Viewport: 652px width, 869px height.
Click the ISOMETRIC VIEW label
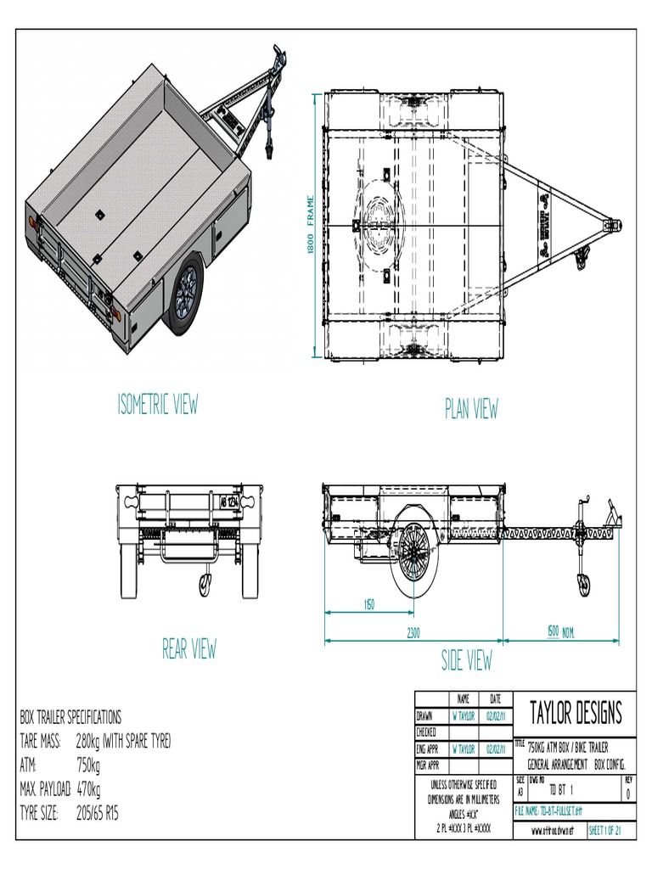(x=158, y=405)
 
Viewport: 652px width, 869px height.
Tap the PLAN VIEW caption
(x=471, y=409)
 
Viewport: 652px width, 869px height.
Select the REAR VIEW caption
(x=189, y=649)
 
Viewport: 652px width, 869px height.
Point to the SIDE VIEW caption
(x=466, y=660)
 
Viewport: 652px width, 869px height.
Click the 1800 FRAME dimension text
(x=311, y=224)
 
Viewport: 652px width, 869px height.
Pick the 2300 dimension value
(x=413, y=632)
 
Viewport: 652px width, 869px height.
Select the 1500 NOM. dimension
(x=561, y=632)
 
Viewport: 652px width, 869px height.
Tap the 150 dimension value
(x=369, y=604)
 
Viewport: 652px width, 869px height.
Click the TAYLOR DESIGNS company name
(x=576, y=711)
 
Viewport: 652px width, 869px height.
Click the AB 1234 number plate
(x=230, y=502)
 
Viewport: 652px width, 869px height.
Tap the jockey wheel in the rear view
(x=205, y=583)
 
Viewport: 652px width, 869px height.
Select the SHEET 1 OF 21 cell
(x=605, y=832)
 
